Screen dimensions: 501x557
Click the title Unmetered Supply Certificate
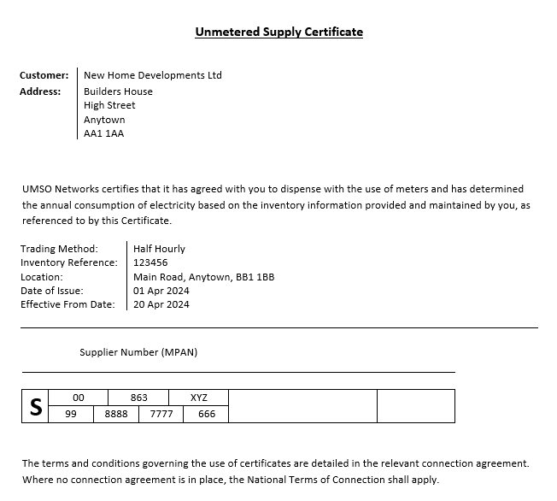click(278, 32)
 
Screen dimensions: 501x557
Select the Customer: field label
click(44, 75)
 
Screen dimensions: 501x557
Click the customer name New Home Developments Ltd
click(152, 75)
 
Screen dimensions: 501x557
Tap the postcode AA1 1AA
click(103, 133)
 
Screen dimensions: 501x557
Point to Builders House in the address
click(118, 91)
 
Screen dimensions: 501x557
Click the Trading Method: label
click(59, 249)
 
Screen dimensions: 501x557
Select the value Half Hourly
click(159, 249)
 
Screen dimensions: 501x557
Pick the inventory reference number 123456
click(150, 262)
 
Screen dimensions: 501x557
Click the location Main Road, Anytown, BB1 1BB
click(203, 277)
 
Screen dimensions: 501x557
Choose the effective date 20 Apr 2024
click(161, 304)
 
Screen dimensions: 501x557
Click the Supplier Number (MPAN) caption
click(138, 352)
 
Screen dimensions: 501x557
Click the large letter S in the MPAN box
click(36, 407)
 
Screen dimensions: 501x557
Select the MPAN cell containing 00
click(79, 398)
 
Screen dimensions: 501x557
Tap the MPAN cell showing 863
click(138, 398)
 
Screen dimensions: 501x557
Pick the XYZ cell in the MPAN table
click(198, 398)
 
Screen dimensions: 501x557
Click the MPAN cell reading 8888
click(115, 414)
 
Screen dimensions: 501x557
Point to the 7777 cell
click(161, 414)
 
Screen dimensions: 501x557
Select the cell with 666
click(206, 414)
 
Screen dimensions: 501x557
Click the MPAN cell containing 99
click(71, 414)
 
